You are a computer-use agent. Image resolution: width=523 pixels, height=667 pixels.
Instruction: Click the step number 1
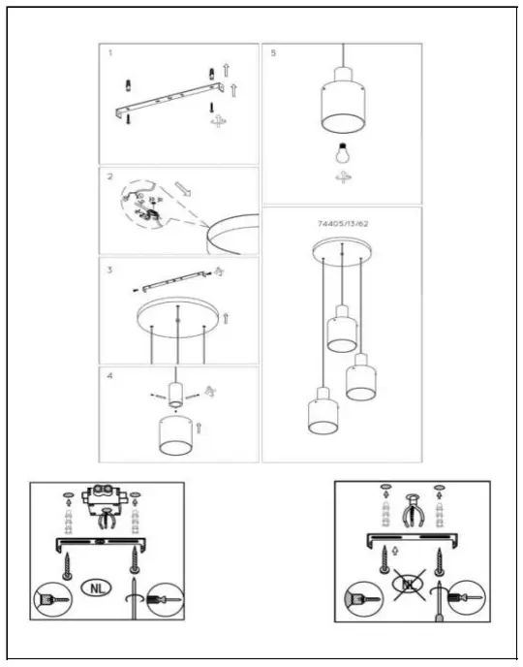point(110,53)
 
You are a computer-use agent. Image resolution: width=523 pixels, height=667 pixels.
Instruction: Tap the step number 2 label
point(111,176)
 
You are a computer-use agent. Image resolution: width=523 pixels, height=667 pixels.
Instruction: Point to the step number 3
point(111,267)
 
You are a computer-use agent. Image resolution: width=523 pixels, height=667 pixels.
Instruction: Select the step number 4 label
point(110,375)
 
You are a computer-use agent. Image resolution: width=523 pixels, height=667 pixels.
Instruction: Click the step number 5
point(273,53)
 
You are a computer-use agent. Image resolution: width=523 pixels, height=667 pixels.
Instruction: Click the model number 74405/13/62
point(343,223)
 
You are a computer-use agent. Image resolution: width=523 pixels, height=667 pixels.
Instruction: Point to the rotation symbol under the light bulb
point(341,179)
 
